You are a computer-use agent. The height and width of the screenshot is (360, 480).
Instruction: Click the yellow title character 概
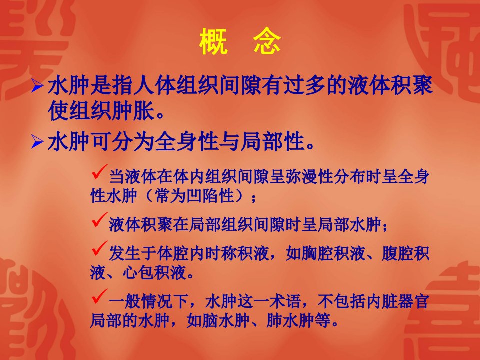point(213,41)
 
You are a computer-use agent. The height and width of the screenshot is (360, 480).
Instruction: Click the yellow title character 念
point(267,41)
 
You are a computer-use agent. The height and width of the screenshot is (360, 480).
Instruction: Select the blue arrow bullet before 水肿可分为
point(37,142)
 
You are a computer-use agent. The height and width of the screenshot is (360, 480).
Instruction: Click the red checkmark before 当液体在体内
point(100,172)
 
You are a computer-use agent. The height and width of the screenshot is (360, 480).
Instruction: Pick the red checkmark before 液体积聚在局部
point(100,220)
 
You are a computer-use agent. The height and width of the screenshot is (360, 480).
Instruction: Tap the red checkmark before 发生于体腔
point(100,248)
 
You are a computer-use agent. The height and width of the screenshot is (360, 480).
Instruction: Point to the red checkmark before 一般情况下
point(100,296)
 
